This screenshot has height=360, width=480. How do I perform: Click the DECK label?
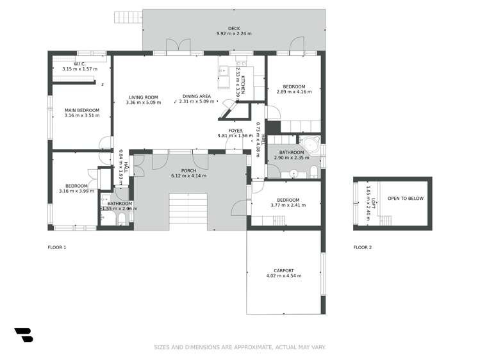(x=234, y=28)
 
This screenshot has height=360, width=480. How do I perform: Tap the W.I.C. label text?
(x=79, y=63)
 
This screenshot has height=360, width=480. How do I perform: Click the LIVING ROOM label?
(x=142, y=97)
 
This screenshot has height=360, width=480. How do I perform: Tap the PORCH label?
(x=188, y=170)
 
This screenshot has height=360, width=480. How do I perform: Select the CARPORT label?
(x=283, y=270)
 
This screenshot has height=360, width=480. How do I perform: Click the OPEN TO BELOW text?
(x=405, y=199)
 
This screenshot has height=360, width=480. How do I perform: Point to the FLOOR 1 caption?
(x=57, y=247)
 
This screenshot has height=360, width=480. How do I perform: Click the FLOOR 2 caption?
(x=362, y=247)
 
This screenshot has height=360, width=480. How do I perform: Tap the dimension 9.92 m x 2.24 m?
(x=234, y=34)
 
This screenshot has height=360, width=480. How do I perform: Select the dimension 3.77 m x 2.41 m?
(x=287, y=206)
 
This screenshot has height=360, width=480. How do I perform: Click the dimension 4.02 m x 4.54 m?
(x=283, y=276)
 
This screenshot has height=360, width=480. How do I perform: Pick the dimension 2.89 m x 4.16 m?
(x=294, y=92)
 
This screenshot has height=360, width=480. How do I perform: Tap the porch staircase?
(x=188, y=210)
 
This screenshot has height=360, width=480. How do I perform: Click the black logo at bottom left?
(x=24, y=335)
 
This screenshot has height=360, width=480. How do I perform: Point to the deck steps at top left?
(x=128, y=17)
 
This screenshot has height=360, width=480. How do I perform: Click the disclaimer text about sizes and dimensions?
(x=240, y=347)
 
